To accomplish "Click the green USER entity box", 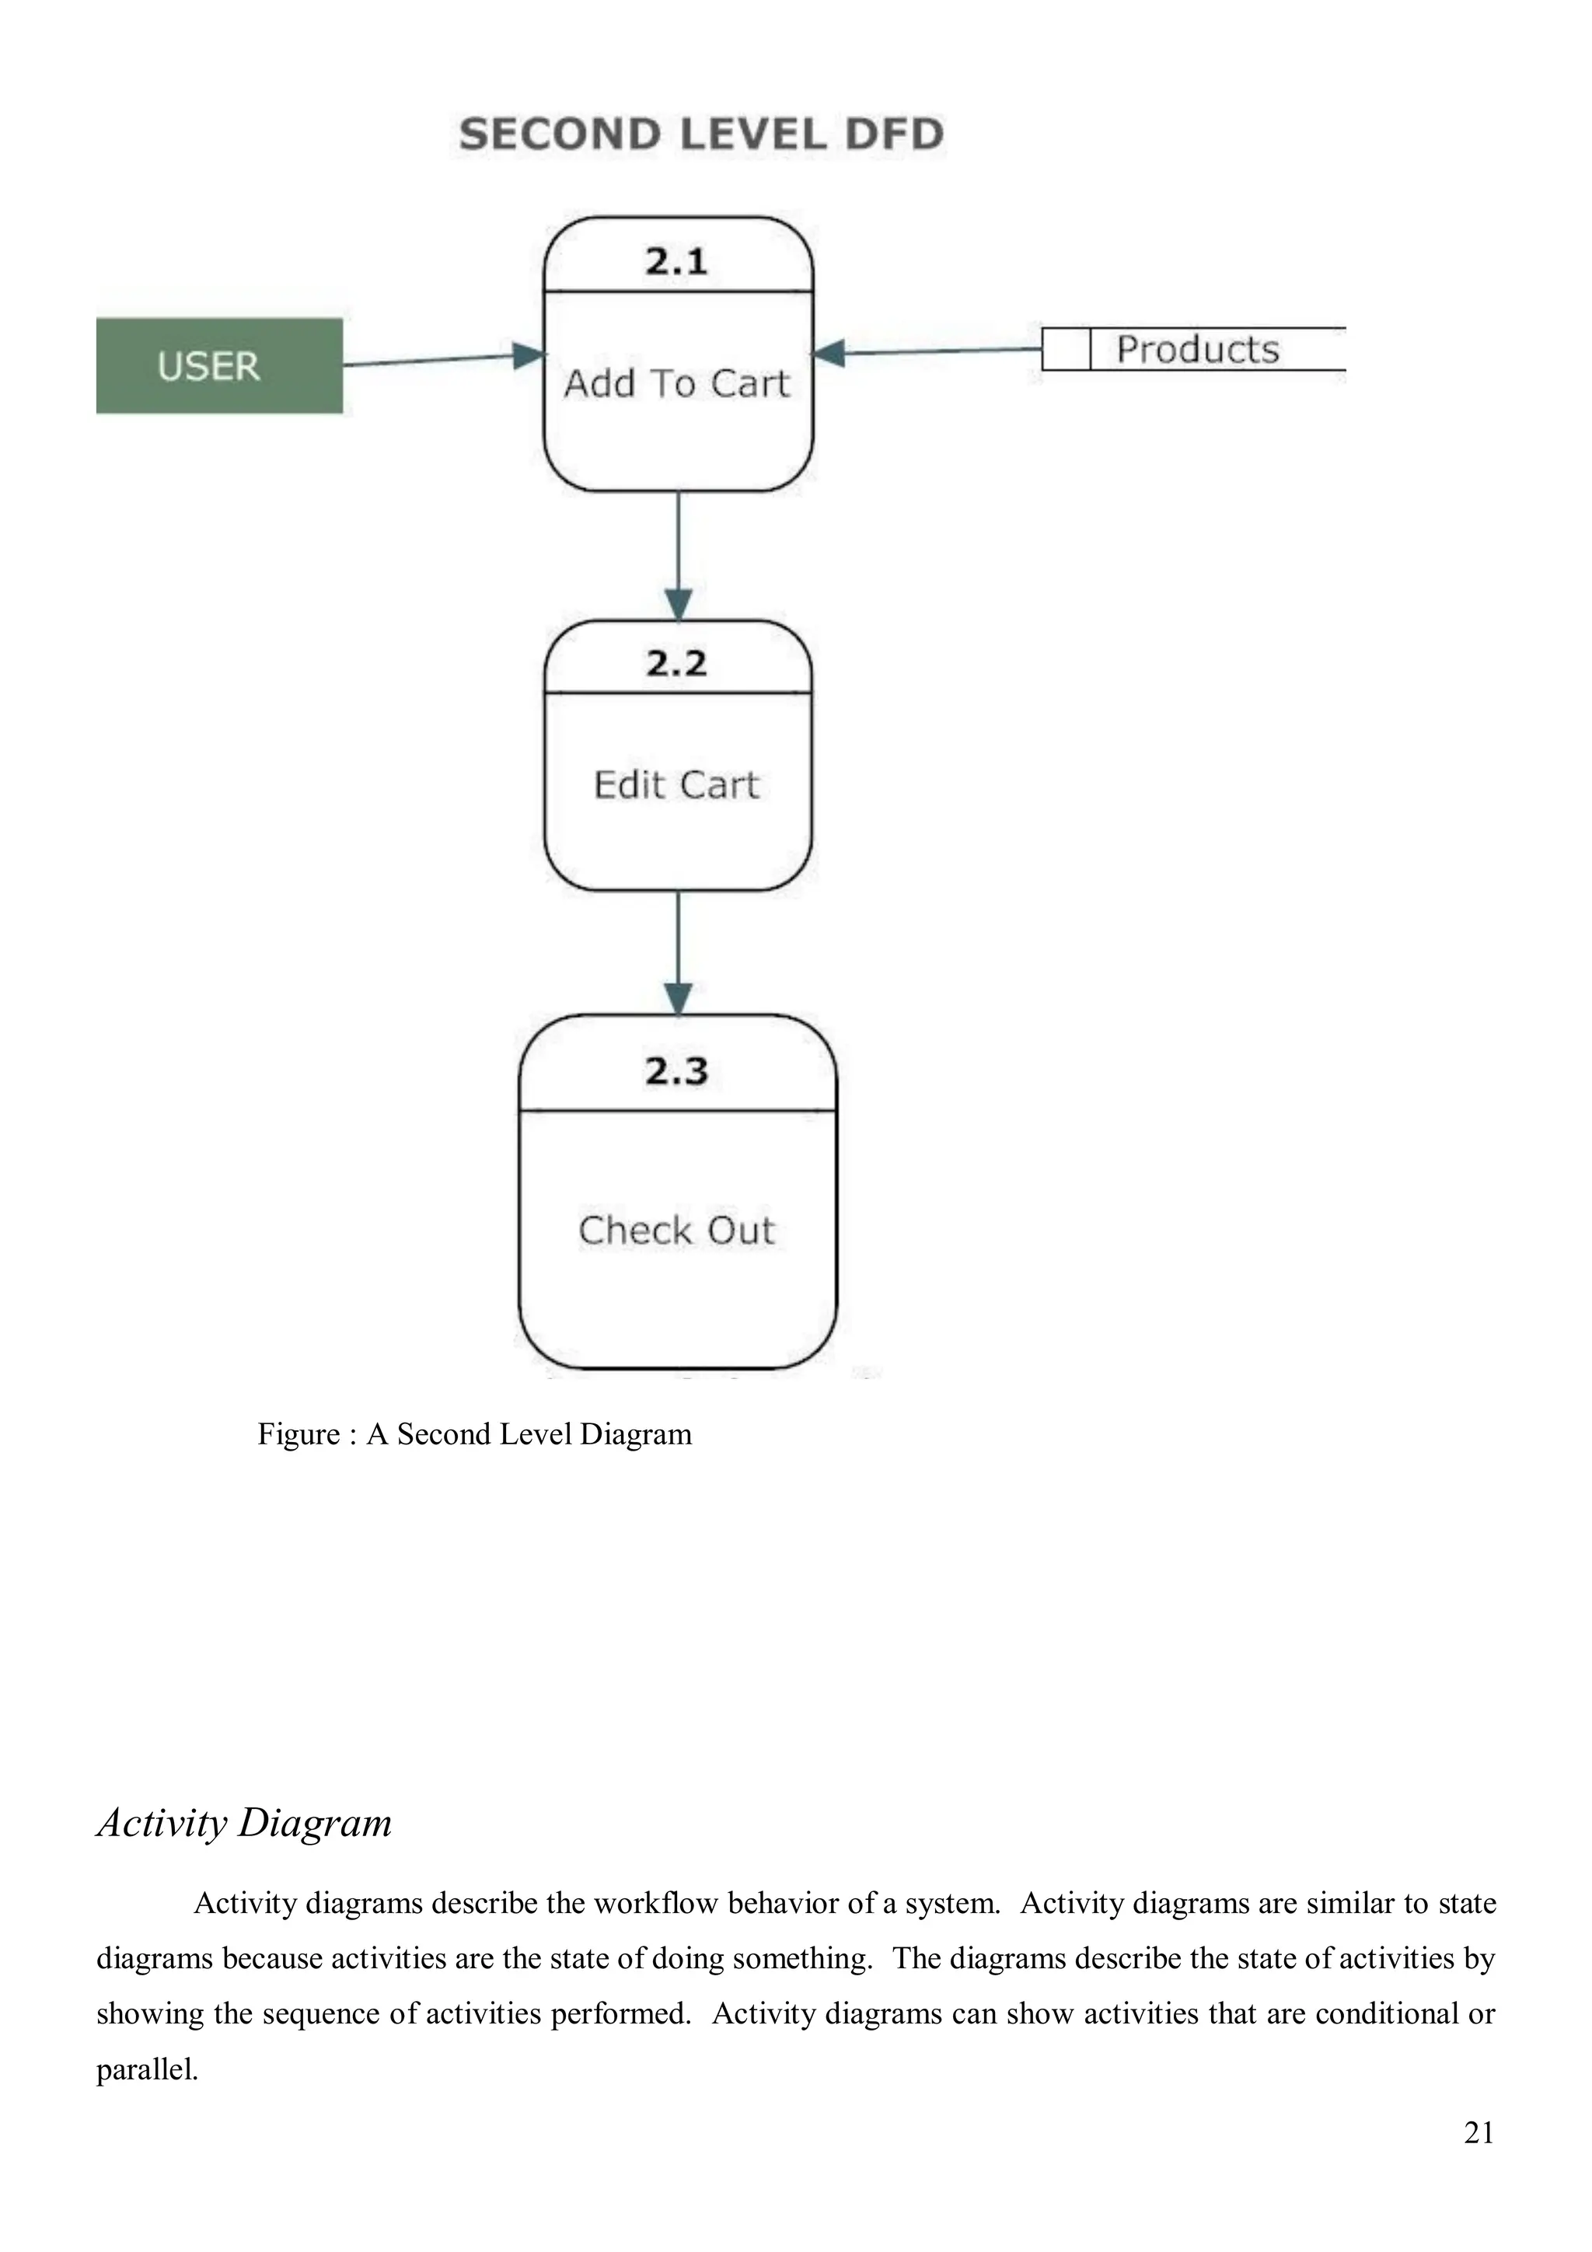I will (x=218, y=366).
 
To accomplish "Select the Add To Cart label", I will (x=677, y=383).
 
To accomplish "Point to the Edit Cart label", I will (x=677, y=784).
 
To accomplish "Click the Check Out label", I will (x=677, y=1230).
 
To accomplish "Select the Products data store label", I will (x=1198, y=349).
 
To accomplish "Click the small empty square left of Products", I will (x=1065, y=349).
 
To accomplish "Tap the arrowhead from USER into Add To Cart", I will (x=529, y=356).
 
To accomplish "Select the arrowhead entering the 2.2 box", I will (x=679, y=603).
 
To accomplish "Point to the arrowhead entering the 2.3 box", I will (x=679, y=998).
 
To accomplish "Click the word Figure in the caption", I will (x=298, y=1435).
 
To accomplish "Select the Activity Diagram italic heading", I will (x=244, y=1822).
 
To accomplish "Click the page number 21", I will (x=1479, y=2132).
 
